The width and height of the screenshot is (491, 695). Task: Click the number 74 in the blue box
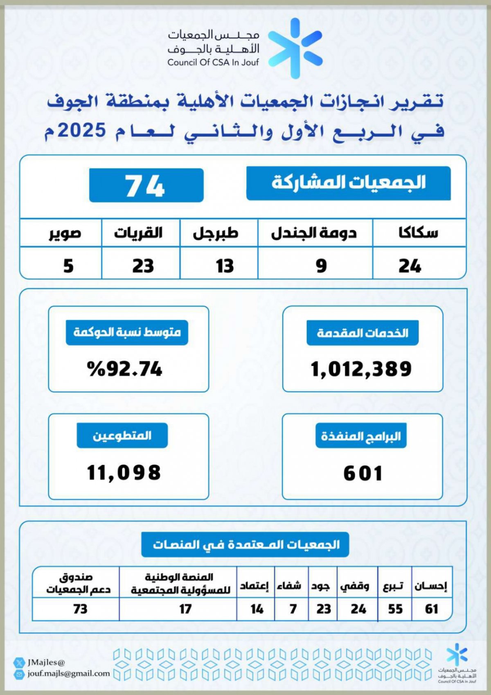pyautogui.click(x=145, y=186)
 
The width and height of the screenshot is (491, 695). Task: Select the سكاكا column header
pyautogui.click(x=418, y=233)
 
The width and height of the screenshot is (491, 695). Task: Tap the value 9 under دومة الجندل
pyautogui.click(x=321, y=266)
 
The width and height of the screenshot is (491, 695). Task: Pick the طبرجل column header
pyautogui.click(x=216, y=233)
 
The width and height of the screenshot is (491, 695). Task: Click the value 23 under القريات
pyautogui.click(x=143, y=266)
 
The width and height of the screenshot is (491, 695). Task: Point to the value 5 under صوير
pyautogui.click(x=68, y=266)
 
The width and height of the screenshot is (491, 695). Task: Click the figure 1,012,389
pyautogui.click(x=361, y=369)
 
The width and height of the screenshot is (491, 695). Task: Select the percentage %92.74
pyautogui.click(x=125, y=369)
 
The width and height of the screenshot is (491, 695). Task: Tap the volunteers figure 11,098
pyautogui.click(x=124, y=472)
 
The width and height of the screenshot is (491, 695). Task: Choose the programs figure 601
pyautogui.click(x=363, y=473)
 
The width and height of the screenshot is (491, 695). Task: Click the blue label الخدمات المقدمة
pyautogui.click(x=363, y=333)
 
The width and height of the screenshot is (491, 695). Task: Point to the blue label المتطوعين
pyautogui.click(x=122, y=436)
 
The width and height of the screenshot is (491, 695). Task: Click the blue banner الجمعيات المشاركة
pyautogui.click(x=349, y=183)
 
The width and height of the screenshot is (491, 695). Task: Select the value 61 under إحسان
pyautogui.click(x=432, y=609)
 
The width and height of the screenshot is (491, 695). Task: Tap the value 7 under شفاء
pyautogui.click(x=293, y=609)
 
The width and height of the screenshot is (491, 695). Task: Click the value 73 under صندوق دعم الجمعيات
pyautogui.click(x=80, y=609)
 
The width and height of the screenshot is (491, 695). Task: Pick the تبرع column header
pyautogui.click(x=394, y=586)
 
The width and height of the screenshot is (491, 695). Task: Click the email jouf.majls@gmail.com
pyautogui.click(x=69, y=673)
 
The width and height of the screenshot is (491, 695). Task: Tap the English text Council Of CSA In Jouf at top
pyautogui.click(x=213, y=63)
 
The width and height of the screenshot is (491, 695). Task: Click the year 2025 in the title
pyautogui.click(x=82, y=131)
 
